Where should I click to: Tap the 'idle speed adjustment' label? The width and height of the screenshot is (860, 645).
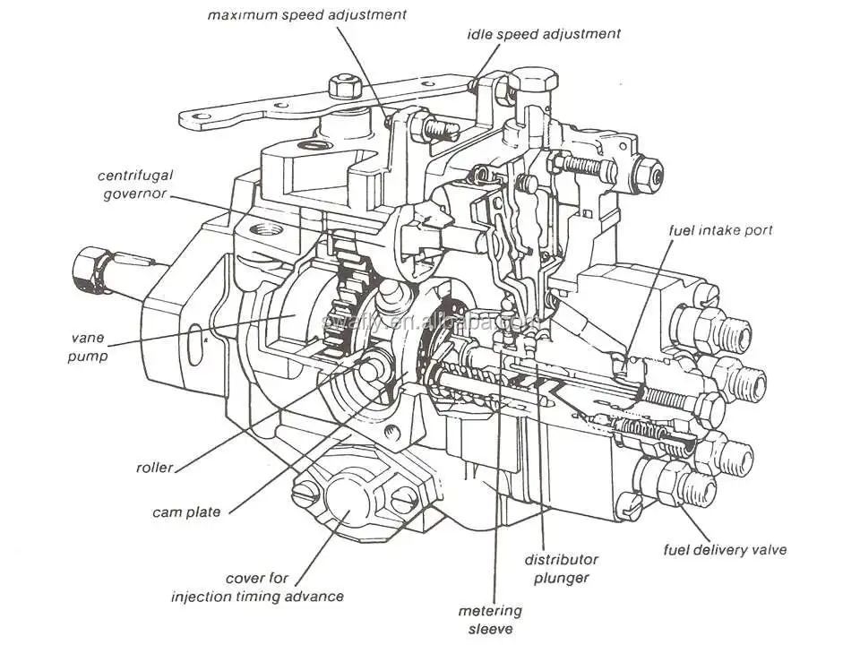pyautogui.click(x=543, y=34)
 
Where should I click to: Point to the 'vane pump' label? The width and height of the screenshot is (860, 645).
pyautogui.click(x=90, y=347)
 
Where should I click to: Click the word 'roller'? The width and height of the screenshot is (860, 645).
pyautogui.click(x=154, y=467)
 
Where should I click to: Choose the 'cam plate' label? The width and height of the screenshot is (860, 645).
pyautogui.click(x=186, y=512)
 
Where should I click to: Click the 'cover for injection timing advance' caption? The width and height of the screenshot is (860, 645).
pyautogui.click(x=259, y=587)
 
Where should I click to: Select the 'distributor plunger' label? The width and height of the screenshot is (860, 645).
pyautogui.click(x=561, y=569)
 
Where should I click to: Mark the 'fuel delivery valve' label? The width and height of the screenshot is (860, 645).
pyautogui.click(x=725, y=549)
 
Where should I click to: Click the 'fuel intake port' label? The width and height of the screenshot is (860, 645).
pyautogui.click(x=720, y=230)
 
